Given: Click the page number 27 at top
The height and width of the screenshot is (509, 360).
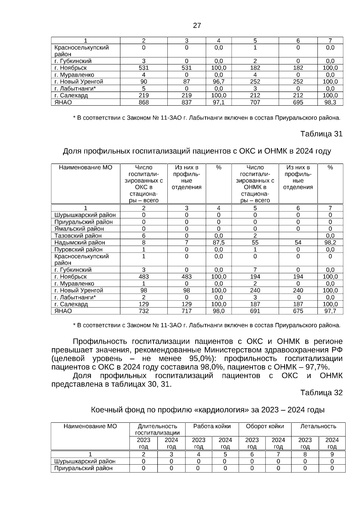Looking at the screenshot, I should click(x=197, y=26).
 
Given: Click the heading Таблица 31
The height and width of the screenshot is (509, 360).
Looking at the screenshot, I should click(x=321, y=134).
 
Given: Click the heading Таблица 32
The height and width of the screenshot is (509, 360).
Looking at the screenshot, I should click(x=321, y=393).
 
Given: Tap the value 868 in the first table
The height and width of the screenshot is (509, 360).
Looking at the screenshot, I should click(x=144, y=103).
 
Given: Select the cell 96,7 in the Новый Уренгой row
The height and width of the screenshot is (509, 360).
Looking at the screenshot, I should click(x=219, y=82).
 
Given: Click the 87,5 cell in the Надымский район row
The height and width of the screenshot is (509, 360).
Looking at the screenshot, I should click(x=219, y=243).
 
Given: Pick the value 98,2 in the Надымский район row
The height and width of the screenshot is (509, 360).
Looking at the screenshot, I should click(x=330, y=243).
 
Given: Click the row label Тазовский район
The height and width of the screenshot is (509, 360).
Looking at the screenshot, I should click(x=78, y=236).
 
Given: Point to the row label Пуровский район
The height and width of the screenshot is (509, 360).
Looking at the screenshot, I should click(x=78, y=250).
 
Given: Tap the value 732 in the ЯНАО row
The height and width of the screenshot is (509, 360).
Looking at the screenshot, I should click(x=144, y=311).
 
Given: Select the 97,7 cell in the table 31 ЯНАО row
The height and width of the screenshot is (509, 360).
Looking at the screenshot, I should click(x=330, y=311).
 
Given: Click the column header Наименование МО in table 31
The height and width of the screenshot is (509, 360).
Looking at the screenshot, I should click(x=85, y=168).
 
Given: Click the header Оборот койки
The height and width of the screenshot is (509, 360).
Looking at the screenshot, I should click(x=265, y=426).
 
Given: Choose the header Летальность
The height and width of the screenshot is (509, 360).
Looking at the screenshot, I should click(x=318, y=426).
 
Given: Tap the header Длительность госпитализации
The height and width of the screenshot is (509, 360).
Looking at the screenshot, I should click(x=157, y=429).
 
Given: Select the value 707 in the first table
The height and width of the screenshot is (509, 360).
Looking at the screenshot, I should click(x=255, y=103).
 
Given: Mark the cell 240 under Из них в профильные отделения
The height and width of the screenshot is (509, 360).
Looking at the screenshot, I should click(x=298, y=291).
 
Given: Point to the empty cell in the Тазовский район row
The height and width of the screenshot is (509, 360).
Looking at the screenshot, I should click(x=298, y=236).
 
